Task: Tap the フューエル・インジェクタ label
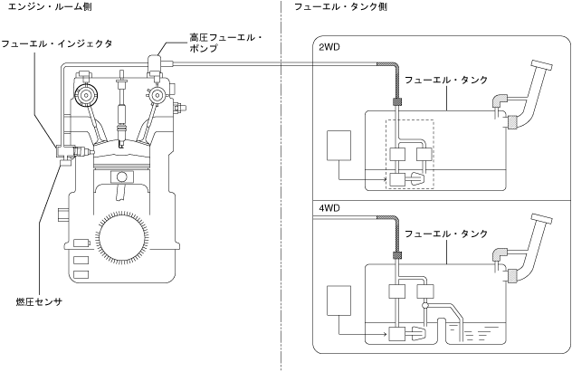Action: click(x=56, y=43)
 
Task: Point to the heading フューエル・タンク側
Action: click(x=341, y=7)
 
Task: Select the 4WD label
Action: click(x=329, y=207)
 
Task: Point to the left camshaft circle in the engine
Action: click(x=87, y=94)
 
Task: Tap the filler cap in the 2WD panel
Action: click(x=543, y=66)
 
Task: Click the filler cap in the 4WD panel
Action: click(x=543, y=222)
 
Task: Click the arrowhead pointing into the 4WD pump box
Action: click(x=387, y=334)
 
